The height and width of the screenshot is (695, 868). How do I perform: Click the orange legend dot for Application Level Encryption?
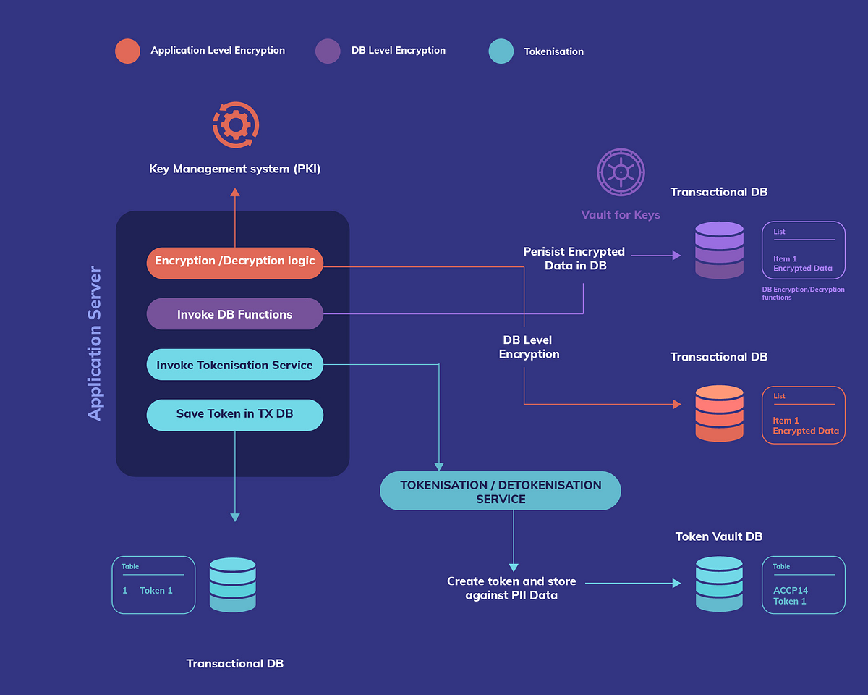pos(127,51)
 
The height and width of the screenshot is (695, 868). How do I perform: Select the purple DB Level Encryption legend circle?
pos(328,51)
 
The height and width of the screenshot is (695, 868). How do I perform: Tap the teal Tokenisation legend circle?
pos(501,51)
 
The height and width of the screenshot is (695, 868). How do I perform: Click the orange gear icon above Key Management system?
pos(235,125)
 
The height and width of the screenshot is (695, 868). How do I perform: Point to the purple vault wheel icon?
pos(621,172)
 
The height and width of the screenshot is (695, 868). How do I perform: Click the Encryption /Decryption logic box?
pos(235,261)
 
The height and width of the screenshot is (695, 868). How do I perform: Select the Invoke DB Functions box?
pos(235,314)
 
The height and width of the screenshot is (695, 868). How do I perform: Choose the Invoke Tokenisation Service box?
pos(235,365)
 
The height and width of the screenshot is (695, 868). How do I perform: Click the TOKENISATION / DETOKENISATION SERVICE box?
pos(501,492)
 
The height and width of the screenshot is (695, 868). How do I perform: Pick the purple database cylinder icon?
pos(719,250)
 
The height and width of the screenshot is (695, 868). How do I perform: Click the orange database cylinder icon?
pos(719,413)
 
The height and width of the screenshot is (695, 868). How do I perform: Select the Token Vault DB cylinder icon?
pos(719,584)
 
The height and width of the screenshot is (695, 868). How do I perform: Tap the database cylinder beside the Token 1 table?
pos(233,585)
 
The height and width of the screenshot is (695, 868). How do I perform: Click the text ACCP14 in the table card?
pos(791,590)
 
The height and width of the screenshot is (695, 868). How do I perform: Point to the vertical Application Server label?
pos(95,344)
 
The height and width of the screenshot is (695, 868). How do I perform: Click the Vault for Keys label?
pos(621,215)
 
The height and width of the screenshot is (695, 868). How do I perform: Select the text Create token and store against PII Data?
pos(511,588)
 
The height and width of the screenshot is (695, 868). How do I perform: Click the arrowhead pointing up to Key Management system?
pos(235,193)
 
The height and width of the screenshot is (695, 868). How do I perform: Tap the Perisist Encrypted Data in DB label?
pos(574,258)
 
